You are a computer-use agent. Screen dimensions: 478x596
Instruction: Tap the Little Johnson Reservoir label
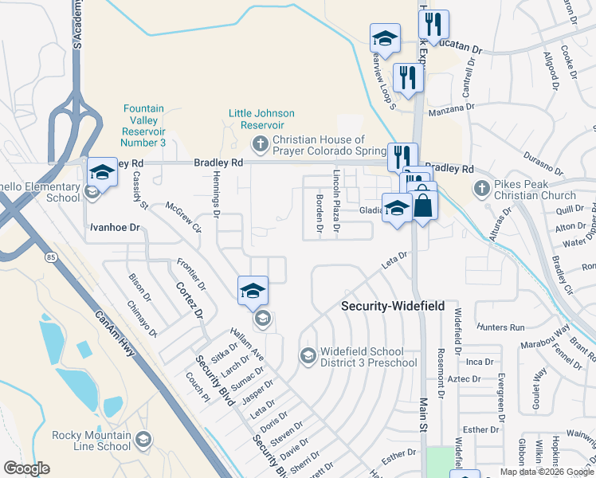[x=261, y=119]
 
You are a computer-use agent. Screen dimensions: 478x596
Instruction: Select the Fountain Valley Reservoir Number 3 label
[x=143, y=125]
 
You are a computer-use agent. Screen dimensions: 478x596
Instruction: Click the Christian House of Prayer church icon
[x=260, y=144]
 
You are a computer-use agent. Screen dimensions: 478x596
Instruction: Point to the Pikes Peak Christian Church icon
[x=480, y=189]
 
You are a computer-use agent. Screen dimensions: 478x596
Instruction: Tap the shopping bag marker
[x=424, y=206]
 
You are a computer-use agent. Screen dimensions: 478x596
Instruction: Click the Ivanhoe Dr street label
[x=113, y=227]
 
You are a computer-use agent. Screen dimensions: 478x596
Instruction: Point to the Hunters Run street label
[x=501, y=327]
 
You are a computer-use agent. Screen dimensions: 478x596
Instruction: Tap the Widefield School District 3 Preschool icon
[x=308, y=354]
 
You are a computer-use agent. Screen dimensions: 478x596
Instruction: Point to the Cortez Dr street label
[x=190, y=300]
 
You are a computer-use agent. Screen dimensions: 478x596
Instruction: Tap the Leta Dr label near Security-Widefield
[x=396, y=257]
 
